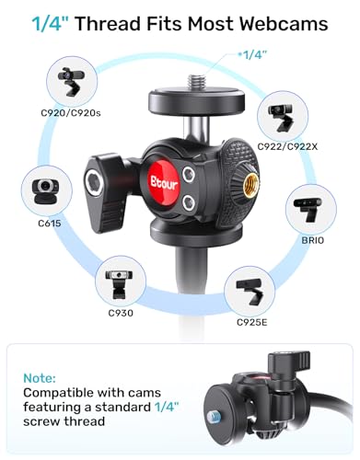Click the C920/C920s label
(x=71, y=113)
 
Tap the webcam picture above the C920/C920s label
(x=72, y=82)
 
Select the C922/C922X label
(x=287, y=147)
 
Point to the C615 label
(x=50, y=224)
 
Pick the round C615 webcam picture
(x=47, y=191)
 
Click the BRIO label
(x=313, y=240)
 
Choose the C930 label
(x=121, y=313)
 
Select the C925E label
(x=252, y=322)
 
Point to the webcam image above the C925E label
(x=250, y=293)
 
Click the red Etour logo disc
(x=164, y=183)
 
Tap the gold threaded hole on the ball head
(x=251, y=184)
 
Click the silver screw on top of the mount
(x=196, y=82)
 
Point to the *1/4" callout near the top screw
(x=252, y=55)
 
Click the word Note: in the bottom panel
(x=40, y=378)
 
